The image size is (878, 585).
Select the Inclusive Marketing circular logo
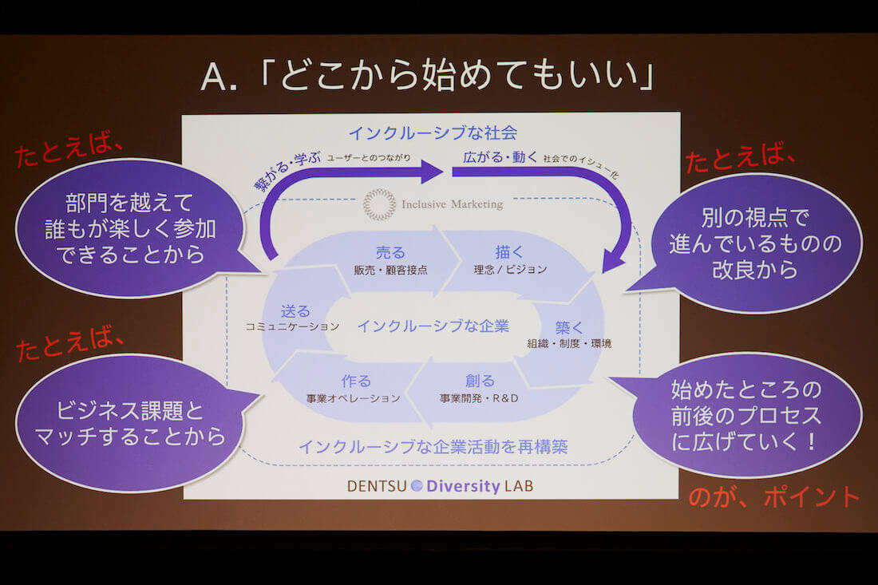[x=379, y=204]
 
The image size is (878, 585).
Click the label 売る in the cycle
[x=390, y=253]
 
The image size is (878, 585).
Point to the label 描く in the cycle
[x=508, y=253]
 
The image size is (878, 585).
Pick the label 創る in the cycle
[x=480, y=380]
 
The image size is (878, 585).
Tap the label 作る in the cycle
[x=356, y=381]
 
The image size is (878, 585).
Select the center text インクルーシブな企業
[x=433, y=326]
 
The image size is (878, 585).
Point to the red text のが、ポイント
[x=774, y=496]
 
